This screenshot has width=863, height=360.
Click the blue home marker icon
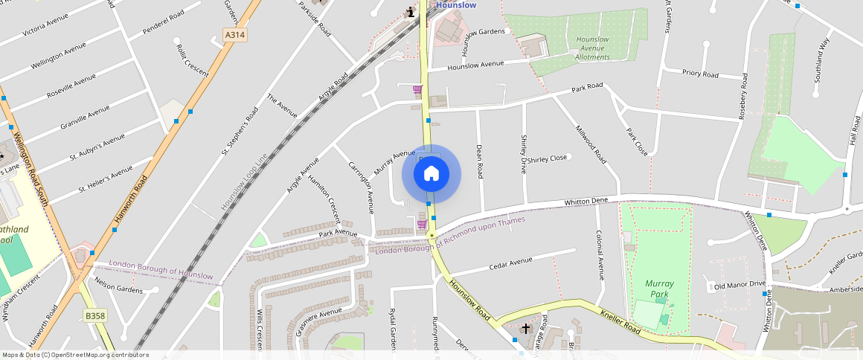[431, 174]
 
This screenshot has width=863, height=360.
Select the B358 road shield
[94, 315]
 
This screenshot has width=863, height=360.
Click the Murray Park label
[659, 289]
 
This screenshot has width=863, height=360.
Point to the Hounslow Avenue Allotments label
[592, 48]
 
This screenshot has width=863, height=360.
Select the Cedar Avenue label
[510, 264]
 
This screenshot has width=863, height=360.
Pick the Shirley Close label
[547, 158]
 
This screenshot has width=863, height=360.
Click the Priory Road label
[700, 74]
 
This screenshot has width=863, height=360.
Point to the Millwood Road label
[591, 144]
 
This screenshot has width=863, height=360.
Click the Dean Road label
[480, 161]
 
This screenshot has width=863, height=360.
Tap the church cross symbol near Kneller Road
[526, 328]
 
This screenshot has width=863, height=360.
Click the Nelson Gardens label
[118, 286]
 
